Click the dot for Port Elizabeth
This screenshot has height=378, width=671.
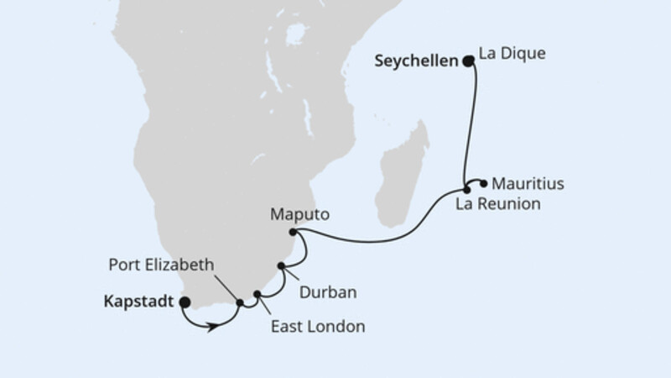[x=241, y=302]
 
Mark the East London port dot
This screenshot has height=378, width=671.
[x=258, y=295]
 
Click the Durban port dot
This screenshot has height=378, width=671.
[x=282, y=267]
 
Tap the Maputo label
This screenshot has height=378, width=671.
[x=299, y=214]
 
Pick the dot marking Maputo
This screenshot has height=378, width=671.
[x=292, y=232]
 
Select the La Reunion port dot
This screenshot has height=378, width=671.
[x=467, y=190]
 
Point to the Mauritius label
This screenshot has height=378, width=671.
[x=528, y=181]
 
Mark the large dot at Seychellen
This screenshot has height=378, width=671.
[x=467, y=60]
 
